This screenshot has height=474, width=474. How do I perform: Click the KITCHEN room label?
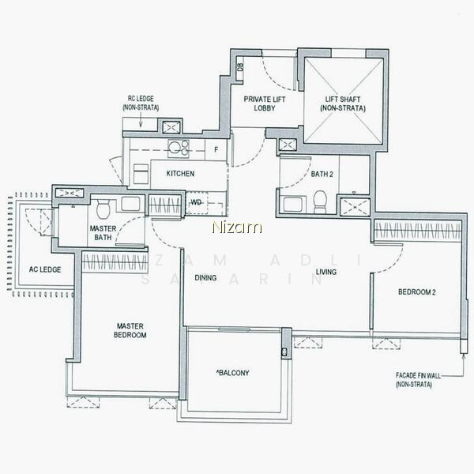[180, 174]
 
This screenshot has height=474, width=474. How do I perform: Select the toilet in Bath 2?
[320, 201]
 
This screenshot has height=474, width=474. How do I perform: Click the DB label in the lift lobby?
[241, 67]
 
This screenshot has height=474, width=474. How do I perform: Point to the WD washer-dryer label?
[196, 202]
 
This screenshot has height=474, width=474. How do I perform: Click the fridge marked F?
[216, 149]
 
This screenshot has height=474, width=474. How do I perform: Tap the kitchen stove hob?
[179, 149]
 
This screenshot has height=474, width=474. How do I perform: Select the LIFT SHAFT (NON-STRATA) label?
[343, 103]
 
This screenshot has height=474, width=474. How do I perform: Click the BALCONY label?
[232, 373]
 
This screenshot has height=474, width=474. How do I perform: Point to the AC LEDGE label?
[45, 269]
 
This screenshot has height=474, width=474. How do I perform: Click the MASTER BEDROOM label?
[130, 330]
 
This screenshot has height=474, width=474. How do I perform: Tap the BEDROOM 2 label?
[417, 292]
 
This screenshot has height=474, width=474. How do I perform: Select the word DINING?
[205, 277]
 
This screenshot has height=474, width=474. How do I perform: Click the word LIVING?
[326, 272]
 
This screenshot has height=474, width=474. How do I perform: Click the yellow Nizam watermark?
[237, 228]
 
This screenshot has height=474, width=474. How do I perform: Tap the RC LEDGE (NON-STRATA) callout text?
[141, 103]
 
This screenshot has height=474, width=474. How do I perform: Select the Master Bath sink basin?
[130, 204]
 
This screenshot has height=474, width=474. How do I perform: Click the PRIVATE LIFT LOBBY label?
[265, 103]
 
